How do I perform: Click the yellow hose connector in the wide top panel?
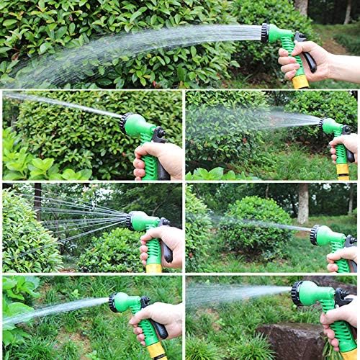301,81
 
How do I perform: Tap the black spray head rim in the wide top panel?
265,33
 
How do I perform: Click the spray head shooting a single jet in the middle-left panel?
130,123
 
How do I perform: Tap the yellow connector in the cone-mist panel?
343,171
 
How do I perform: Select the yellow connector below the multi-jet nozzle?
153,268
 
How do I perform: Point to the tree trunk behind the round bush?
303,202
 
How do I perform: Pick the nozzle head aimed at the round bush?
320,235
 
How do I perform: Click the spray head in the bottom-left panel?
118,302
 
